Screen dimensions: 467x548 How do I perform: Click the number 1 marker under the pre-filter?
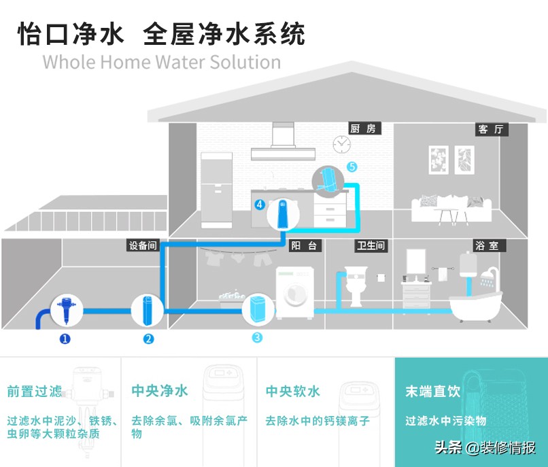(x=65, y=339)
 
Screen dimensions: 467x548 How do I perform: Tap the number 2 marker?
(x=149, y=339)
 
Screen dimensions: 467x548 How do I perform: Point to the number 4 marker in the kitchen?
(x=260, y=204)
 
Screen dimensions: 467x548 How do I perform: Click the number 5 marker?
(x=352, y=167)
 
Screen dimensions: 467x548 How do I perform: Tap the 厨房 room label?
(x=365, y=128)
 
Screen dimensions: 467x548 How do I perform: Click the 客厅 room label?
(x=491, y=129)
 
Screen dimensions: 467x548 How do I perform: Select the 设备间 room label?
(x=143, y=245)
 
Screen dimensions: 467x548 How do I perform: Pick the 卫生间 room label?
(x=371, y=245)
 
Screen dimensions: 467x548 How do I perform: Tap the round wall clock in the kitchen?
(x=341, y=143)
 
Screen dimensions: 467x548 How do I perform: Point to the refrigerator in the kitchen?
(x=218, y=189)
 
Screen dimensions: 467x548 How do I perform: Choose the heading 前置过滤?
(x=35, y=392)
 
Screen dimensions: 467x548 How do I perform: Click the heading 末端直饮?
(x=432, y=392)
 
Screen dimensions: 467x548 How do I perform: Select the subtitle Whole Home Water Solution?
(x=161, y=62)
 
